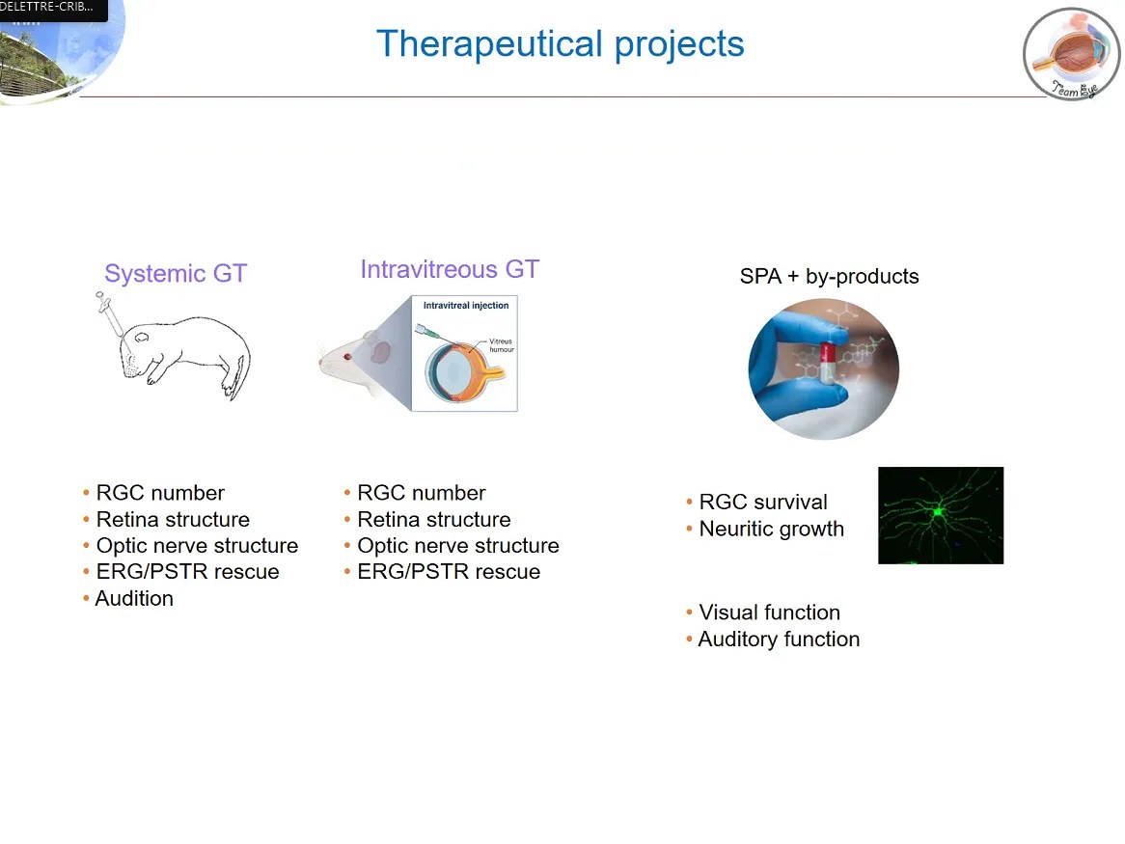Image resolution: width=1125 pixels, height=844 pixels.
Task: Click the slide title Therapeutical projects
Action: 560,44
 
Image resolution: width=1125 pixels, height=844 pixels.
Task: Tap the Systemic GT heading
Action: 176,274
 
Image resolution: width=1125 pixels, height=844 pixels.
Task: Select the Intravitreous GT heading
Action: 450,269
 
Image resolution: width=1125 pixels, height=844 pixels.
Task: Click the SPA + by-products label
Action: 829,277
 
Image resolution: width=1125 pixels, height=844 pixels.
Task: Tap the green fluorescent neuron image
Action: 941,515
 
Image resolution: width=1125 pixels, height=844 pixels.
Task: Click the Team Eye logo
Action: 1071,54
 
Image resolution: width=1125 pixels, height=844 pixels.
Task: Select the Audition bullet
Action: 134,599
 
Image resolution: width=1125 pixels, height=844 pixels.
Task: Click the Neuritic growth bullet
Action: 771,530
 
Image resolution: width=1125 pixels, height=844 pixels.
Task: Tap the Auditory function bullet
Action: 779,640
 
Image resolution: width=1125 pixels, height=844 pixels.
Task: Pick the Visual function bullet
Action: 769,613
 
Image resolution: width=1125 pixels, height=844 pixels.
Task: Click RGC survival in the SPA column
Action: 763,503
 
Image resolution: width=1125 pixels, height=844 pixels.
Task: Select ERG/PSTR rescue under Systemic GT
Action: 187,572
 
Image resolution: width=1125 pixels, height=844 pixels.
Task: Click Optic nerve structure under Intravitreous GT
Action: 457,546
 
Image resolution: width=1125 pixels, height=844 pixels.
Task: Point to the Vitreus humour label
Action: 501,345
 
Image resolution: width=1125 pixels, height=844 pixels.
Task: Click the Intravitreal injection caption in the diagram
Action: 465,306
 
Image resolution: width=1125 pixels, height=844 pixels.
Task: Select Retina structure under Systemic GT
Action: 173,520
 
